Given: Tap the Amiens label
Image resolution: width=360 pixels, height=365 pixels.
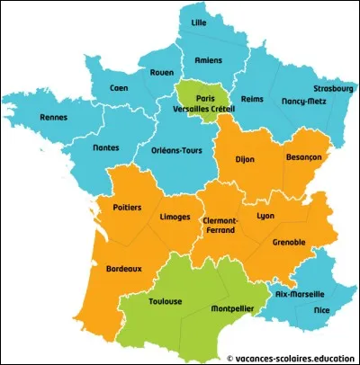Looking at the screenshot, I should tap(209, 61).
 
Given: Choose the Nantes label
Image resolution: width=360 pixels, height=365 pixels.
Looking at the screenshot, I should tap(82, 148).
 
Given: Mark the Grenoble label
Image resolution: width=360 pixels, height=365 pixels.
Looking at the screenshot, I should tap(286, 241).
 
